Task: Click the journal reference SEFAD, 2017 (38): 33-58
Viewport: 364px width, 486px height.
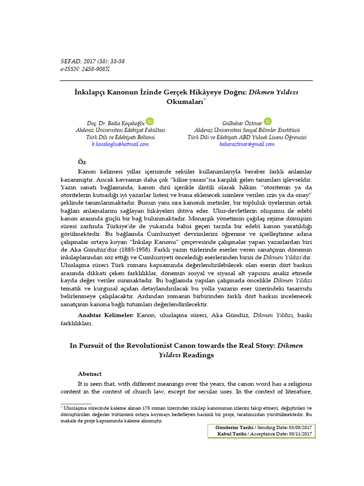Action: tap(92, 61)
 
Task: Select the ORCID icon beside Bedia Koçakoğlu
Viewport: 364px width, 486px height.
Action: tap(149, 121)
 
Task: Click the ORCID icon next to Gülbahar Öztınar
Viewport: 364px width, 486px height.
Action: tap(267, 121)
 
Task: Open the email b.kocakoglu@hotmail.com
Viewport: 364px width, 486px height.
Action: tap(120, 144)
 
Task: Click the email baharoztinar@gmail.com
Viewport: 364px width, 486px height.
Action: tap(247, 144)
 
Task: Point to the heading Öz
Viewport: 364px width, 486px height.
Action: tap(82, 162)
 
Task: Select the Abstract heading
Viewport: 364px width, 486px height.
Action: tap(90, 374)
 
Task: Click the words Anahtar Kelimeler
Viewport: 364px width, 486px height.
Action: tap(106, 315)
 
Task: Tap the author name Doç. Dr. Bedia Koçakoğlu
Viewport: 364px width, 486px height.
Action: tap(112, 122)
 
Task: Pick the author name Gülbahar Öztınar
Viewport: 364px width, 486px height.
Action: tap(242, 122)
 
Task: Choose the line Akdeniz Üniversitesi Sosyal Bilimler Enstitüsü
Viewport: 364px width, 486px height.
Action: tap(247, 130)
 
